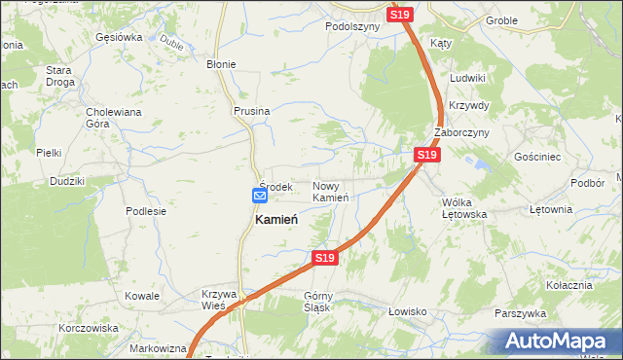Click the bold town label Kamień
point(275,220)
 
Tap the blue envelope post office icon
point(260,196)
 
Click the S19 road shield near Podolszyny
point(401,15)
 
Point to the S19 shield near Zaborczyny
point(426,155)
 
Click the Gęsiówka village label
point(120,37)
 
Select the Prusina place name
point(251,112)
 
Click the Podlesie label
point(146,210)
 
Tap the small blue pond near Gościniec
point(478,167)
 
